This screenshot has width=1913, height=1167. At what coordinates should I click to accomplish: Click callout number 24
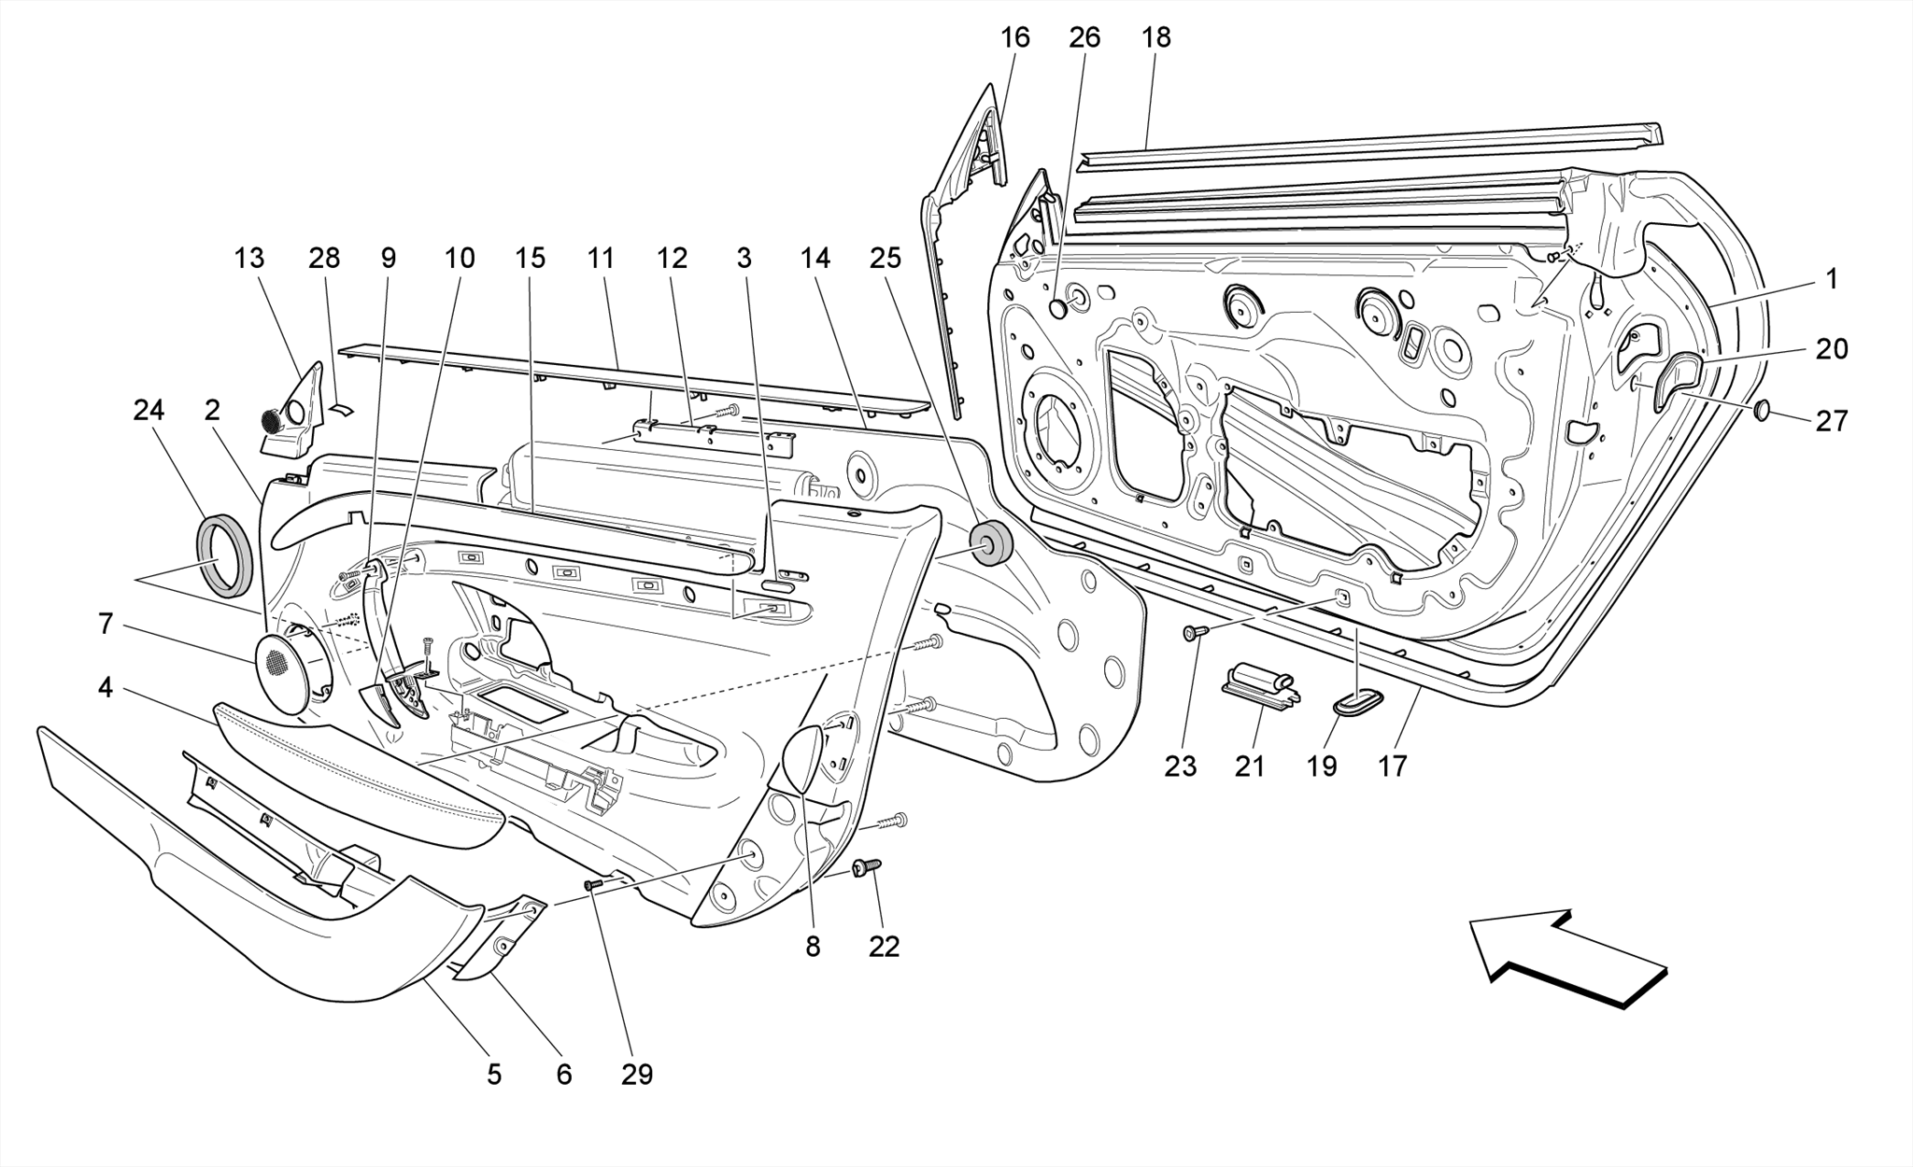click(149, 410)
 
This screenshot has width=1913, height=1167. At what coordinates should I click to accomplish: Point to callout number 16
click(1014, 37)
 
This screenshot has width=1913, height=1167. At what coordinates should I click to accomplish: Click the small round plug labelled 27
click(1762, 410)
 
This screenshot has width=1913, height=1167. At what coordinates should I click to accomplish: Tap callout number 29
click(637, 1075)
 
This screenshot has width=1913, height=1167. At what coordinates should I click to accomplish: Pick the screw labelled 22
click(865, 869)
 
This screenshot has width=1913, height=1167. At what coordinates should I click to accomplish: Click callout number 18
click(1155, 37)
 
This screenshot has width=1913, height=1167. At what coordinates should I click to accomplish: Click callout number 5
click(494, 1075)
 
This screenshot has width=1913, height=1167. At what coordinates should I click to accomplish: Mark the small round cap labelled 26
click(1058, 308)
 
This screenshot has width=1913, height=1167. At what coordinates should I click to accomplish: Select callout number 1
click(1832, 278)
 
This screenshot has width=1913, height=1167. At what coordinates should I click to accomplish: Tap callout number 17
click(1392, 766)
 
